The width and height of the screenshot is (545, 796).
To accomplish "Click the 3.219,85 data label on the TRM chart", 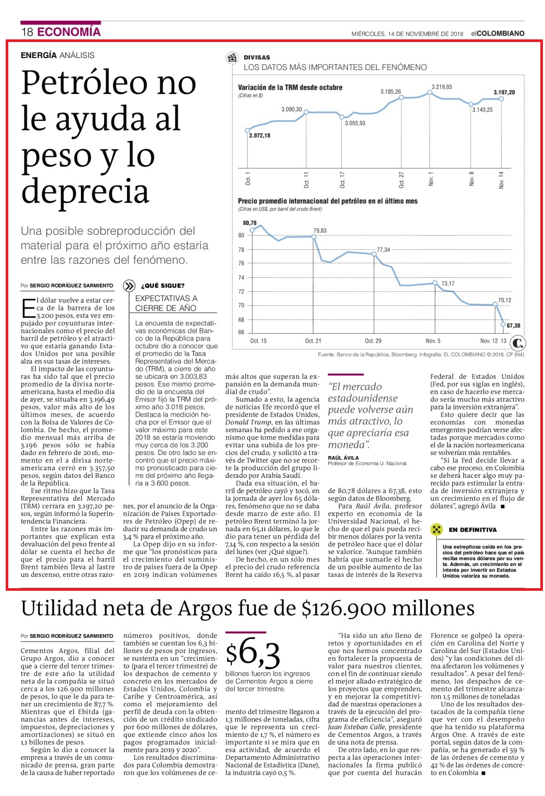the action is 441,87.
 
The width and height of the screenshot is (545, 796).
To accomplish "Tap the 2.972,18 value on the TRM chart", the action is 259,135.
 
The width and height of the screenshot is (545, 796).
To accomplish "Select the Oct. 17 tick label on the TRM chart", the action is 342,180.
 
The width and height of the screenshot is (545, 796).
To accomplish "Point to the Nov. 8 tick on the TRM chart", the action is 471,179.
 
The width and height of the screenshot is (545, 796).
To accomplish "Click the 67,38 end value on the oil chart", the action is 513,325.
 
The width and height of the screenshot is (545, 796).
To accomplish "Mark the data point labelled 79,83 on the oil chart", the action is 314,237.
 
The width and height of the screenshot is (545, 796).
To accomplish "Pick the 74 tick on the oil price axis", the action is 241,278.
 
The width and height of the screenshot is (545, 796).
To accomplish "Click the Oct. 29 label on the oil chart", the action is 373,341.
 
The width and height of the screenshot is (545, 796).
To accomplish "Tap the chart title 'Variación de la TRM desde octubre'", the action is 290,88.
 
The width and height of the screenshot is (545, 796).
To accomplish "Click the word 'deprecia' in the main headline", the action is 86,191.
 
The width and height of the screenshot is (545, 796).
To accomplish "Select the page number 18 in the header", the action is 27,32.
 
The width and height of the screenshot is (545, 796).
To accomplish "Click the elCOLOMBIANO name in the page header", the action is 498,33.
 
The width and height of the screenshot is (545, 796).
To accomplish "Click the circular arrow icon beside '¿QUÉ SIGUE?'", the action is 129,286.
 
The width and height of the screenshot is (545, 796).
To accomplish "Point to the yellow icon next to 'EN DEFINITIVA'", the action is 436,530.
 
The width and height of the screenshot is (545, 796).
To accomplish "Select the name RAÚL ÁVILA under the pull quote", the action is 343,458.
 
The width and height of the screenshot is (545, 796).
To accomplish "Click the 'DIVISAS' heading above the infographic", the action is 257,58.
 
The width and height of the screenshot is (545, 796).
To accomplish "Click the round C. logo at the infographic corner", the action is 518,343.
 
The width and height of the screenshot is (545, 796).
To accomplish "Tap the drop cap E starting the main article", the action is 28,308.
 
